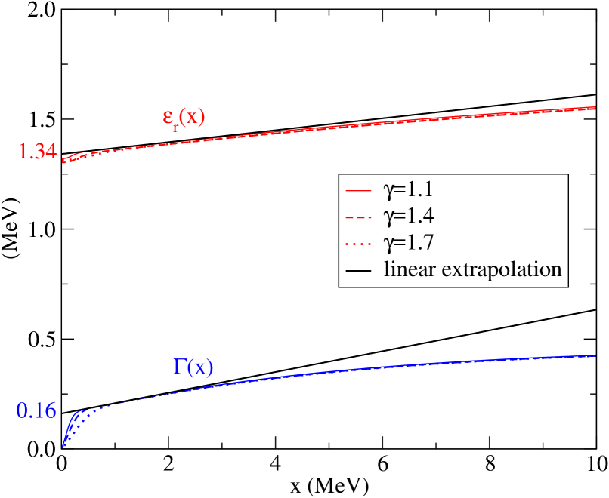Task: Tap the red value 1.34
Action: pos(37,152)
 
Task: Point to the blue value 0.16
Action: pos(36,411)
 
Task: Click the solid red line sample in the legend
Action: pos(356,189)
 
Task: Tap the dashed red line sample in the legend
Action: pos(356,217)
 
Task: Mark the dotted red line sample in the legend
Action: pos(356,244)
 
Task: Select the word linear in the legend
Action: pos(408,269)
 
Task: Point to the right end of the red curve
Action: pos(596,108)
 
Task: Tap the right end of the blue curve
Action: pos(596,355)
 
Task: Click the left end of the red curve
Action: pos(64,160)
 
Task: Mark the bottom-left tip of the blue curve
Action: pos(63,447)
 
